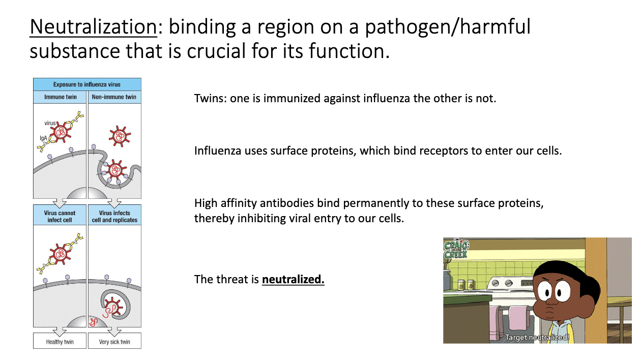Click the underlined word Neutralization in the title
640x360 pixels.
click(93, 27)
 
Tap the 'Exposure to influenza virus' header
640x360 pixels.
click(87, 84)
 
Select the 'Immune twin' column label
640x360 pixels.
click(60, 97)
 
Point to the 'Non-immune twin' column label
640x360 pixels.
click(114, 97)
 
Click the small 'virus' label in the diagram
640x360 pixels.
click(50, 123)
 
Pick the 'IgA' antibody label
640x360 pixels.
click(43, 138)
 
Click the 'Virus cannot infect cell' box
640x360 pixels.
click(60, 216)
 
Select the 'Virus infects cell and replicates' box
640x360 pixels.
click(114, 216)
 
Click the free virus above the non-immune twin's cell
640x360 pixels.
click(120, 136)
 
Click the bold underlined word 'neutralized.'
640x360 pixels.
click(293, 279)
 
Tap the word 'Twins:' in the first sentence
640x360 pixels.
click(210, 99)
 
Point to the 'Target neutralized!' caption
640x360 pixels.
click(537, 338)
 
